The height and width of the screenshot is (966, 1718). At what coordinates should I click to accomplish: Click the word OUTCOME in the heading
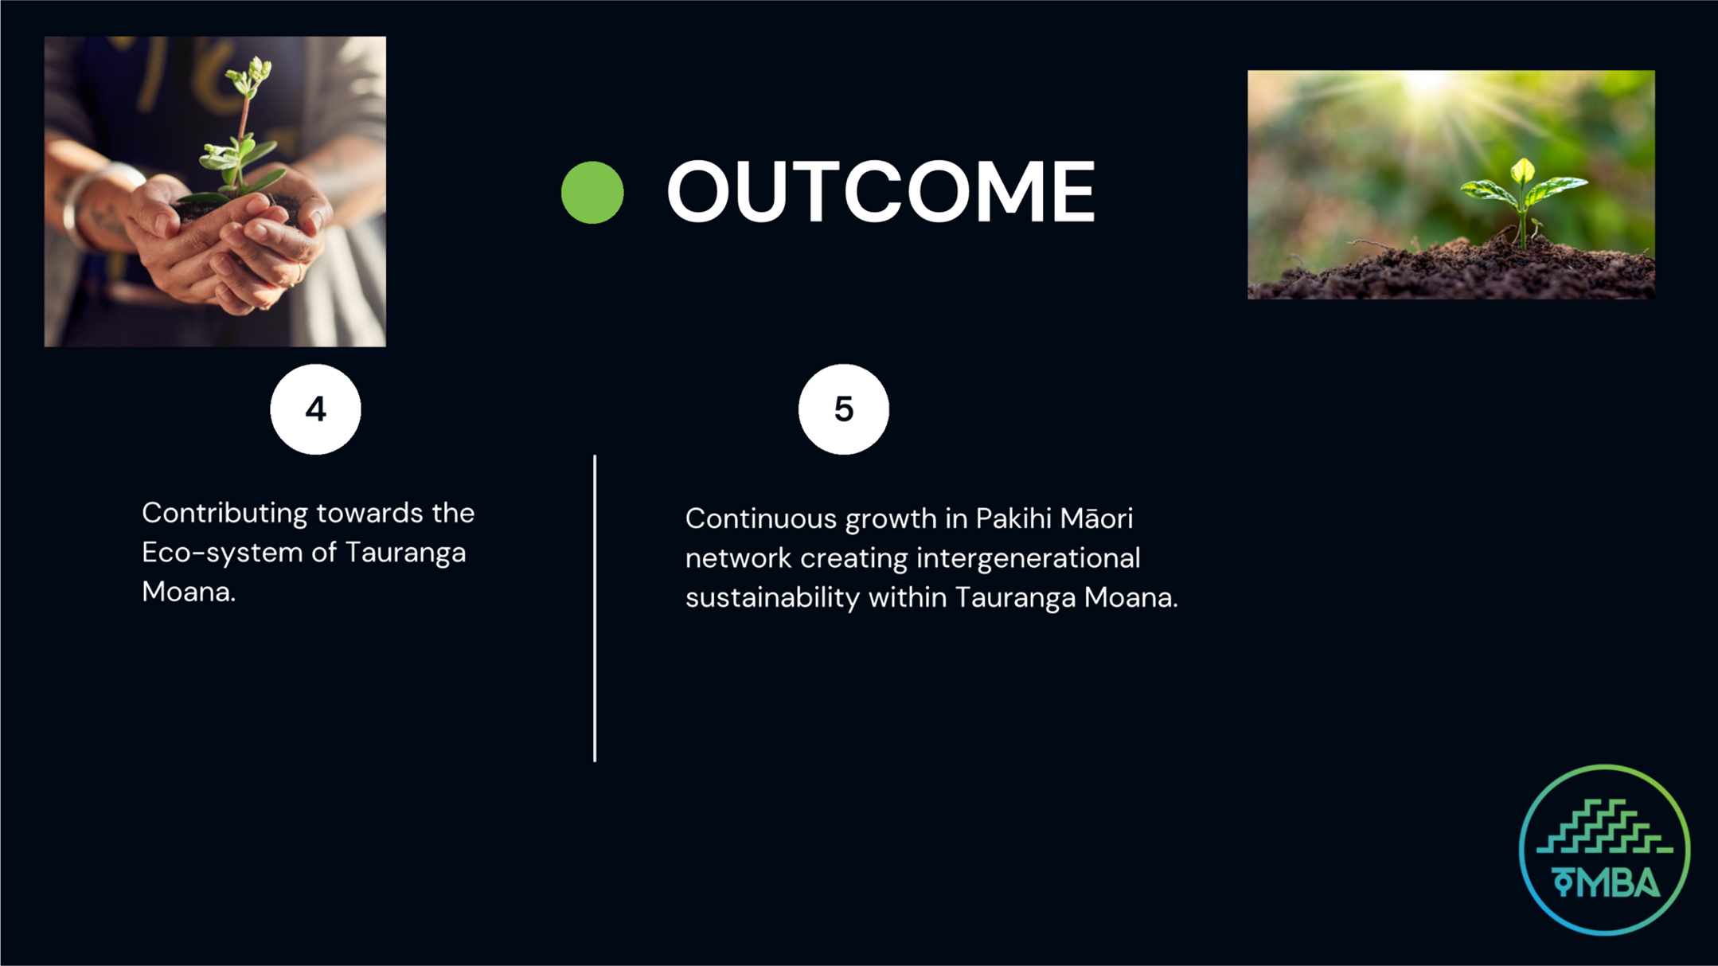click(880, 191)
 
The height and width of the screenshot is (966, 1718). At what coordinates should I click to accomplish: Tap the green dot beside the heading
click(592, 192)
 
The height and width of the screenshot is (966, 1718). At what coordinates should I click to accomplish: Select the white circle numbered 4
click(315, 409)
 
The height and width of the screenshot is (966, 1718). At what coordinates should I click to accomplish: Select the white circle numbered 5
click(844, 409)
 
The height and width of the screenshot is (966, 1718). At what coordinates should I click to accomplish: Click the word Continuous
click(761, 518)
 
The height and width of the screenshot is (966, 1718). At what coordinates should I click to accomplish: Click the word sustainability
click(772, 598)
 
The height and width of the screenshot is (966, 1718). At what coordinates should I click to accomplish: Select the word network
click(739, 558)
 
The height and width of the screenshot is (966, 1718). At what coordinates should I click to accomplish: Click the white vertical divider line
click(595, 608)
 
